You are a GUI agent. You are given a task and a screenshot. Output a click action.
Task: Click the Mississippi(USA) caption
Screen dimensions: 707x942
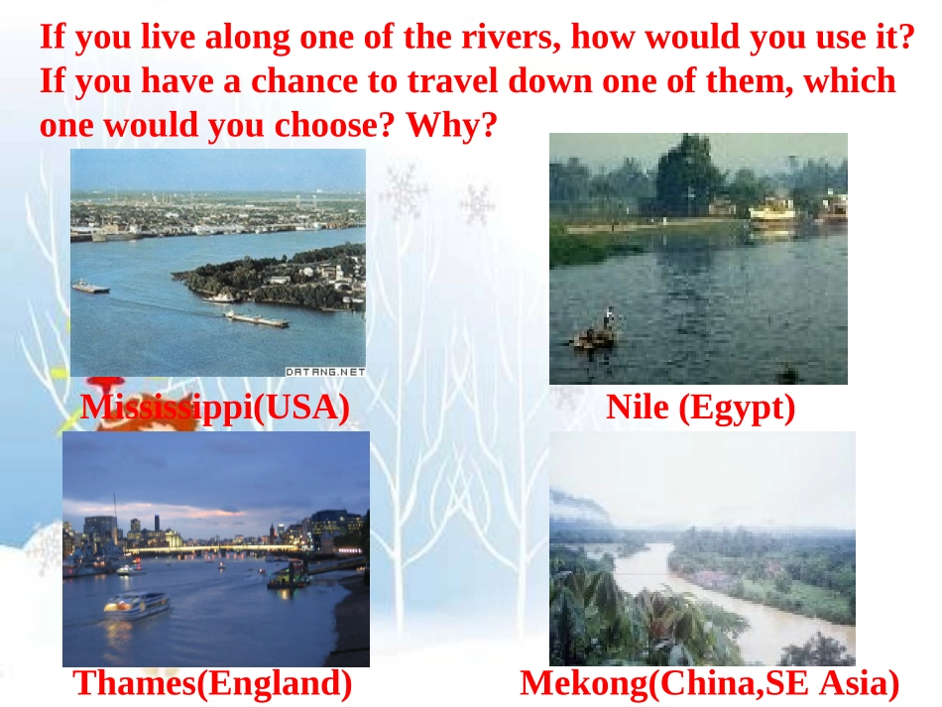pyautogui.click(x=215, y=408)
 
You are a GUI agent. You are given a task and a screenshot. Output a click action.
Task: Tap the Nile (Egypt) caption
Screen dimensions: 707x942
pyautogui.click(x=700, y=407)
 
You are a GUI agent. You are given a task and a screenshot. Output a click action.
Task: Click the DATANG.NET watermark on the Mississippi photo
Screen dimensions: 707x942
pyautogui.click(x=325, y=372)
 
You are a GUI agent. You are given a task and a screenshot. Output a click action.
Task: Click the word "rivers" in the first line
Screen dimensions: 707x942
pyautogui.click(x=509, y=38)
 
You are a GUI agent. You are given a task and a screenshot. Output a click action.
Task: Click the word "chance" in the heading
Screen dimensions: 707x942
pyautogui.click(x=296, y=81)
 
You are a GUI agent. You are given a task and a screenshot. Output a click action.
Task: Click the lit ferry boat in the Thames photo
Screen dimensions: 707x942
pyautogui.click(x=136, y=603)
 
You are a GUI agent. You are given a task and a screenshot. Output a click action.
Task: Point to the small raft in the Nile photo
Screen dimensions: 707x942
pyautogui.click(x=595, y=337)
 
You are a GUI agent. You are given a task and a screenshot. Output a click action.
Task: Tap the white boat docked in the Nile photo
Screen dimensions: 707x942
pyautogui.click(x=773, y=211)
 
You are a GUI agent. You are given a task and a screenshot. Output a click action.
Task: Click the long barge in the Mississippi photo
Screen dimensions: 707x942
pyautogui.click(x=256, y=318)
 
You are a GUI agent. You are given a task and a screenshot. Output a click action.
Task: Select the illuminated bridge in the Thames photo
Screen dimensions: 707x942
pyautogui.click(x=213, y=548)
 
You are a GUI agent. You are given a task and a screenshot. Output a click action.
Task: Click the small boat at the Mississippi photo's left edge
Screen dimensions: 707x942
pyautogui.click(x=90, y=287)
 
